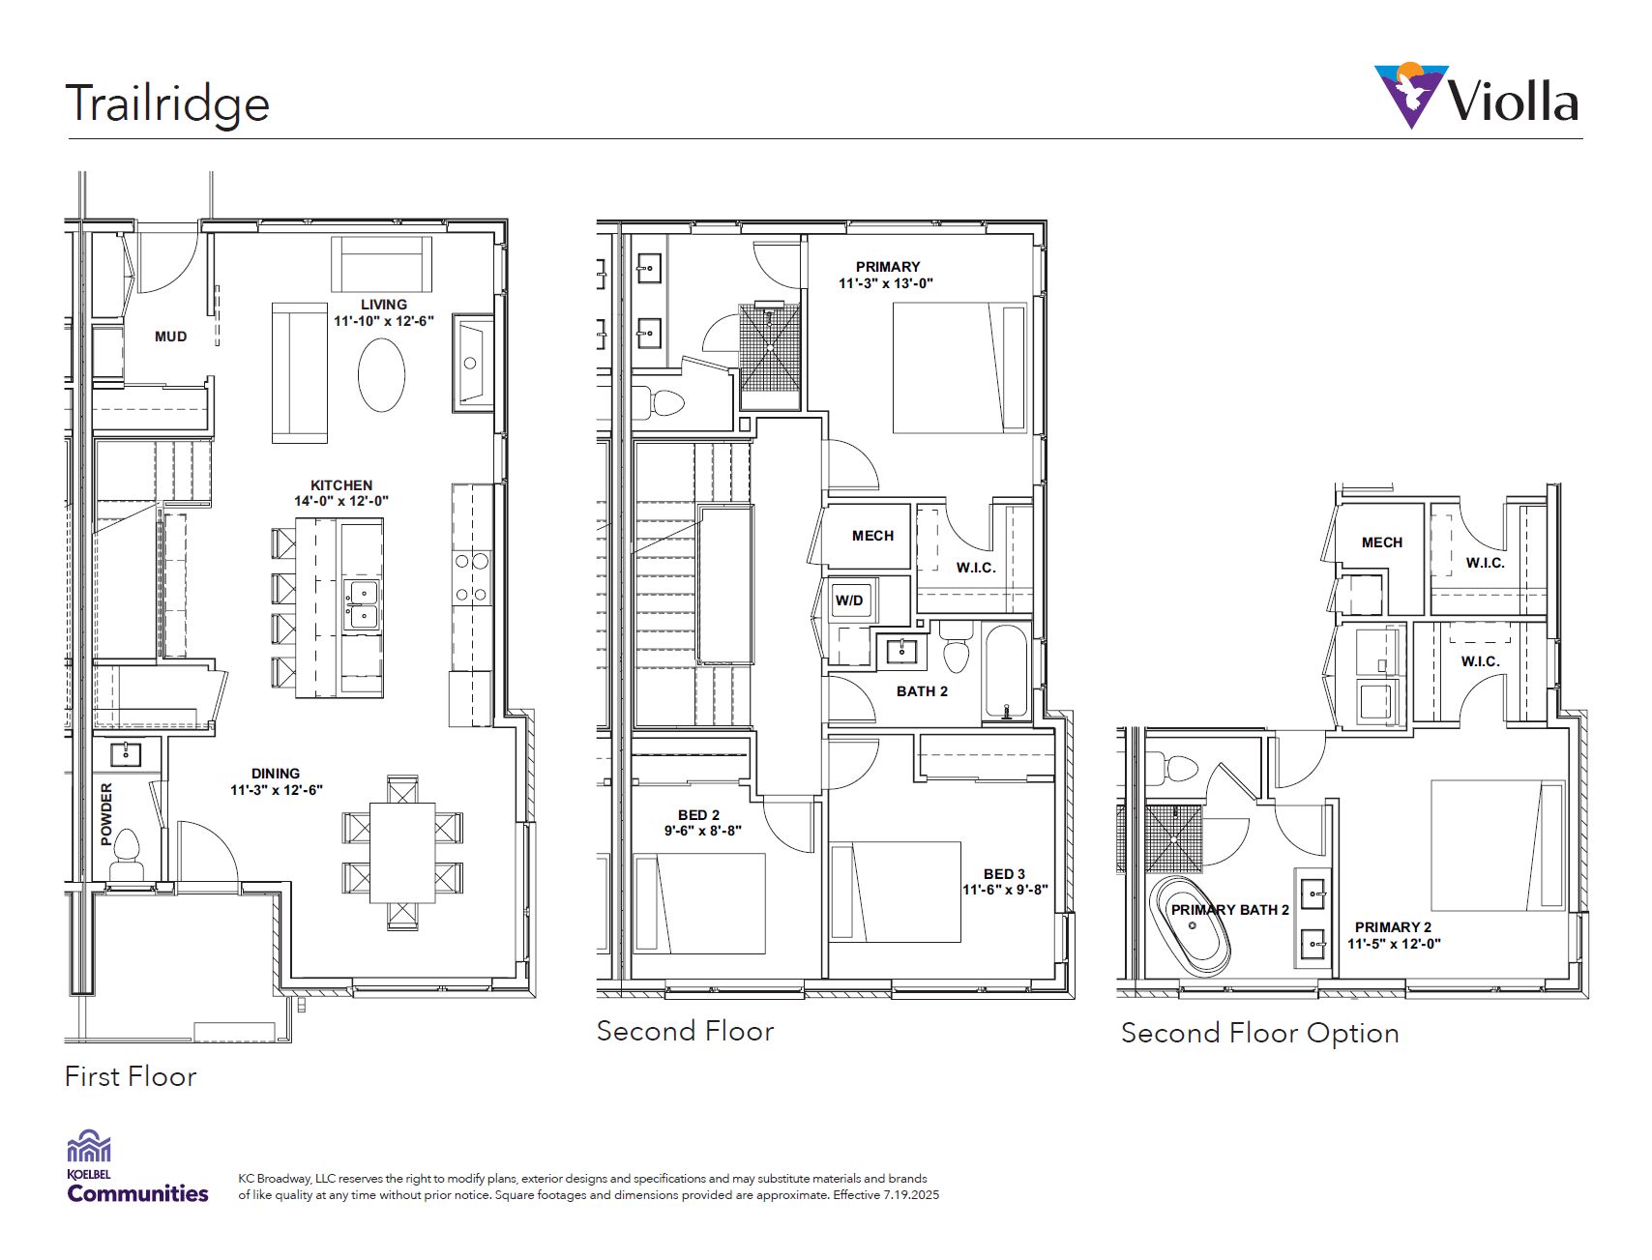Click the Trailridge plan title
click(x=166, y=104)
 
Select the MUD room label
click(x=171, y=337)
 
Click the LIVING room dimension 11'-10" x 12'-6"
click(x=384, y=321)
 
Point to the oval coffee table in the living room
click(x=381, y=375)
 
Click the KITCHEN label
click(x=341, y=485)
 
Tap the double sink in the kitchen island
click(x=363, y=604)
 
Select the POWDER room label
click(x=106, y=814)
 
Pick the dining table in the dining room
click(x=402, y=853)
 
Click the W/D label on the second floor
click(x=849, y=601)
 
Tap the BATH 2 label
click(x=922, y=691)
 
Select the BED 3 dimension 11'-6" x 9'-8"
click(x=1005, y=890)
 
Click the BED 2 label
click(x=698, y=815)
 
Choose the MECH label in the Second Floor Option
click(x=1382, y=542)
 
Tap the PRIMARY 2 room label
click(x=1393, y=927)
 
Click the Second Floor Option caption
click(x=1259, y=1033)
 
